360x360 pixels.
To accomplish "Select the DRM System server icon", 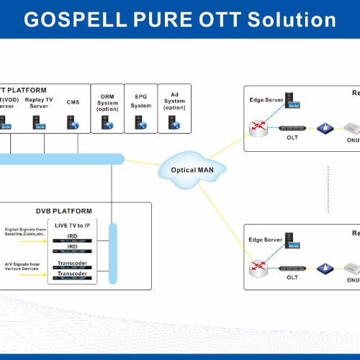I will (107, 122).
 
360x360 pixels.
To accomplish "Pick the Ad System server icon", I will (174, 122).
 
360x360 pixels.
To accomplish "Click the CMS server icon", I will (73, 122).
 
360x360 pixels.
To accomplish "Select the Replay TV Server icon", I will (39, 122).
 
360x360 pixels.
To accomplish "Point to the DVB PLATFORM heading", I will (64, 211).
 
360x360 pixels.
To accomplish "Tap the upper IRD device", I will (73, 236).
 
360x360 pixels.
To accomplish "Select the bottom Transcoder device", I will (73, 274).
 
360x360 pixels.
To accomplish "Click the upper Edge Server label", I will (265, 99).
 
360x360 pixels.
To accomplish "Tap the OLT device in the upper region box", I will (292, 129).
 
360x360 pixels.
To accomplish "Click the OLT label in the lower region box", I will (292, 277).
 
